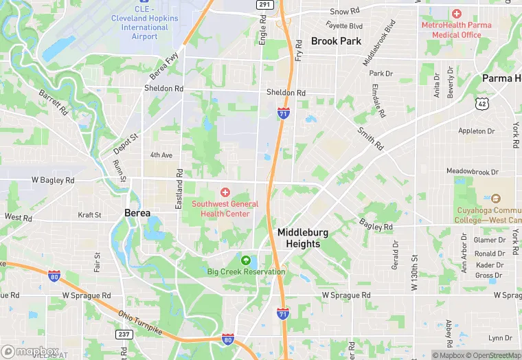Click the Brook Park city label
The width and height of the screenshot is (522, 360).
(x=336, y=41)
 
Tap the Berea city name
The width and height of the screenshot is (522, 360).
(x=137, y=213)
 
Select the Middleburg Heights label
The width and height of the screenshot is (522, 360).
(x=303, y=238)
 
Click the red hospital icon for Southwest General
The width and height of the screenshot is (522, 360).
(x=225, y=193)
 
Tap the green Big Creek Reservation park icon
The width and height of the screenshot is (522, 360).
(x=246, y=260)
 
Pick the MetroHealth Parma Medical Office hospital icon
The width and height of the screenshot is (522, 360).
(x=457, y=14)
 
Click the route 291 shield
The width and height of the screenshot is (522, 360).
(x=264, y=5)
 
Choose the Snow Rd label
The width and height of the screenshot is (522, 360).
(x=345, y=12)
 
